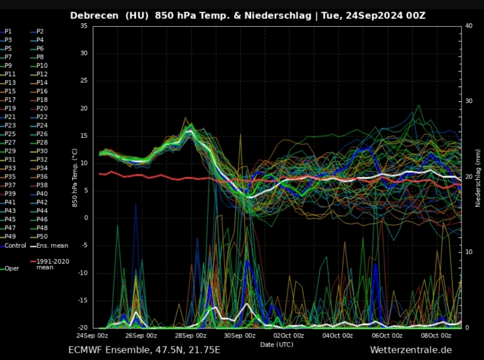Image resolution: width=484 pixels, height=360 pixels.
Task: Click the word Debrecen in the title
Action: (x=94, y=16)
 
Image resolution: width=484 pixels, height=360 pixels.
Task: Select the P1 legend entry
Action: (x=6, y=32)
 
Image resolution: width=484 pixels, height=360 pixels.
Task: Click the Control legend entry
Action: (x=13, y=246)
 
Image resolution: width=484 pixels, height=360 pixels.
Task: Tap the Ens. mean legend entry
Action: (x=49, y=246)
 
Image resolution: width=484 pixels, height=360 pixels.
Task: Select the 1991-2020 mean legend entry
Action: (x=50, y=264)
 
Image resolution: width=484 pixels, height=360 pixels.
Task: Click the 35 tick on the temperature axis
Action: (x=84, y=26)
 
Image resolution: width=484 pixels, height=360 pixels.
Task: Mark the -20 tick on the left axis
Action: (x=83, y=327)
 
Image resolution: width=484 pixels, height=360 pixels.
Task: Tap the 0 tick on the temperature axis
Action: (x=86, y=218)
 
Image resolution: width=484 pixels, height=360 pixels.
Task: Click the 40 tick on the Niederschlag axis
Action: (x=469, y=26)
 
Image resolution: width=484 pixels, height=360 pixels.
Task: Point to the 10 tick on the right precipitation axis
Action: (x=469, y=252)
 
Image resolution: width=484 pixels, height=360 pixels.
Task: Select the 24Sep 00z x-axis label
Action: (x=92, y=335)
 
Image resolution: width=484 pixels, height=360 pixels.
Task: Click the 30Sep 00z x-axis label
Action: (x=240, y=335)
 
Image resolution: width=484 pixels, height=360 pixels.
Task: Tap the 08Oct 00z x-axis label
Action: (x=436, y=335)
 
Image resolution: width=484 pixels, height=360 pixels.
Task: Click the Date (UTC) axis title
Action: (x=277, y=344)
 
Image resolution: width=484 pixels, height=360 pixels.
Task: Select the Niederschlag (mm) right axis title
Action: (x=478, y=178)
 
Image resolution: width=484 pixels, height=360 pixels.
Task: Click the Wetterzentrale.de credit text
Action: (x=411, y=350)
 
